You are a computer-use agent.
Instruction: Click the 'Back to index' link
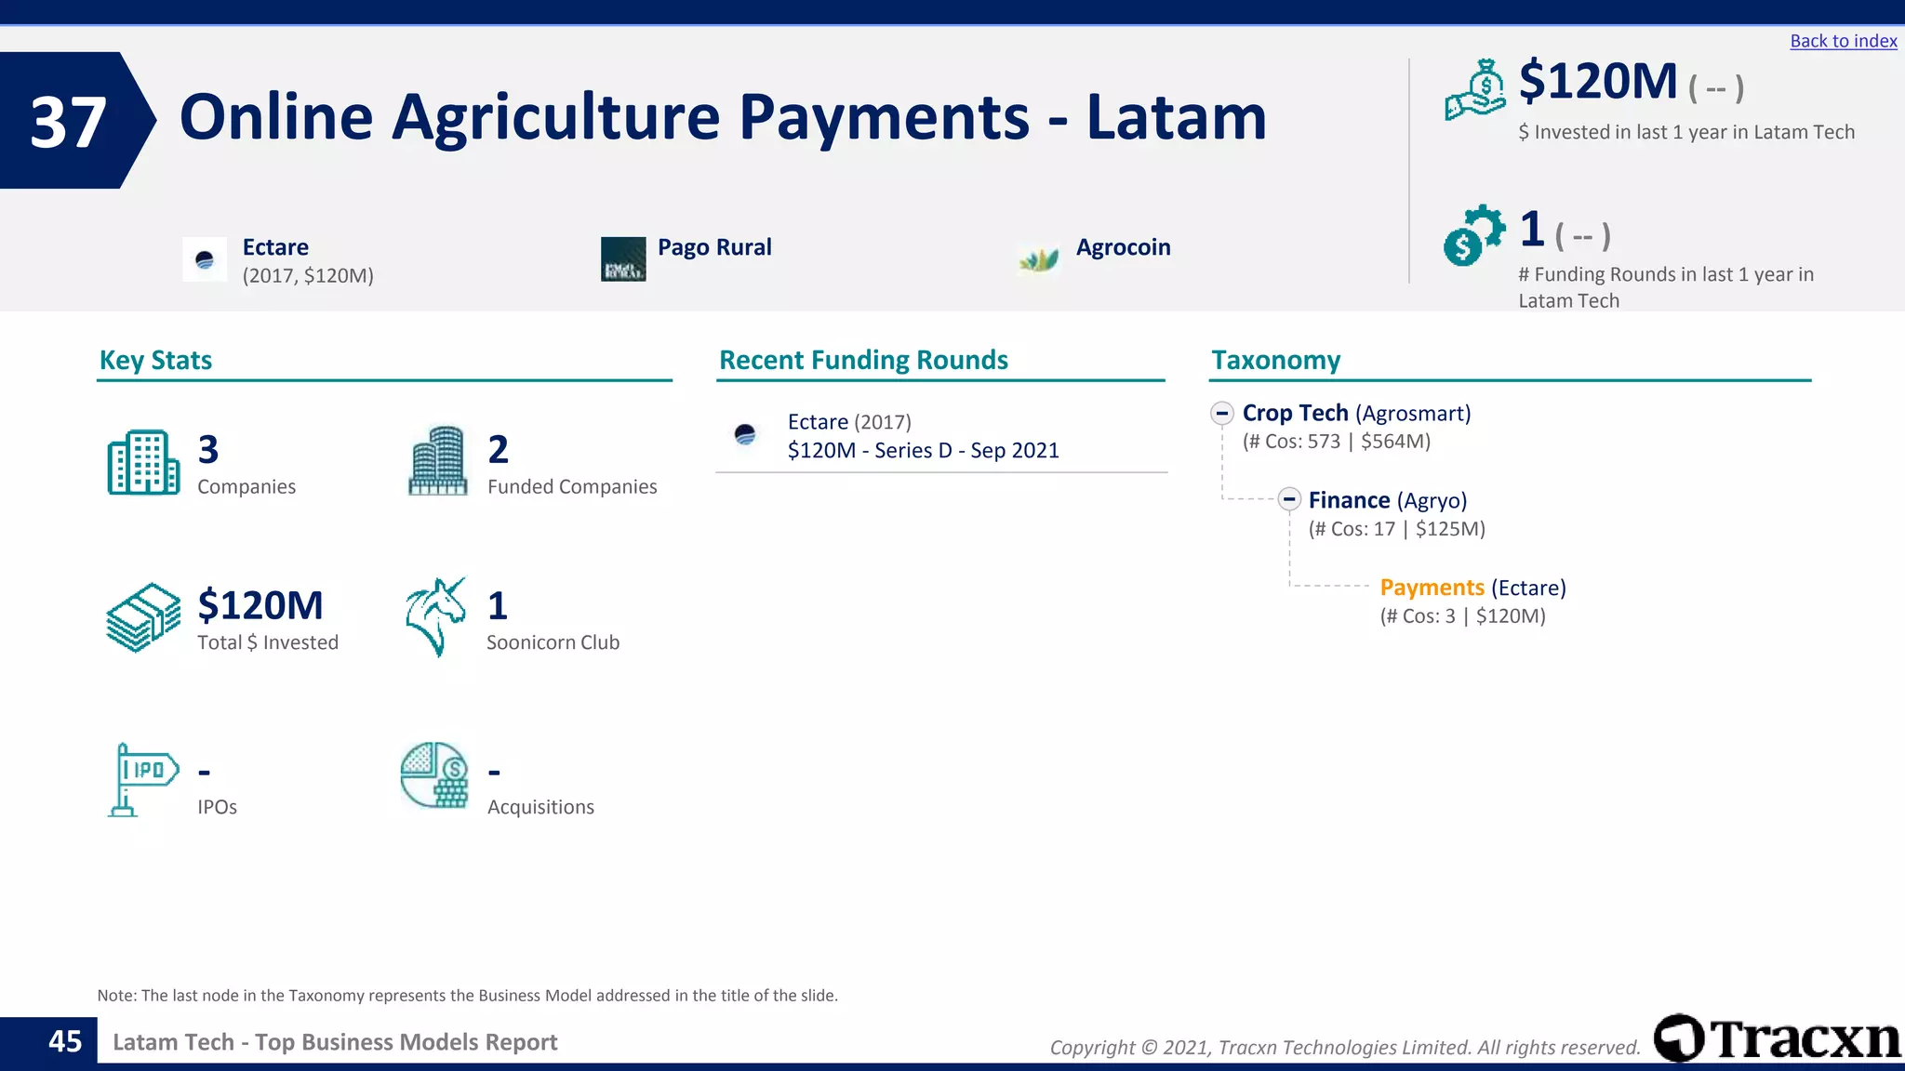tap(1843, 41)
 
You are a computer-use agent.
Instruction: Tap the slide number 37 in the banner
tap(68, 122)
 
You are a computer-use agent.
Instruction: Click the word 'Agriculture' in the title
tap(555, 117)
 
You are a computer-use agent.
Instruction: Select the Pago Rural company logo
tap(623, 258)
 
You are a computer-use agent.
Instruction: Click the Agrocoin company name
tap(1123, 247)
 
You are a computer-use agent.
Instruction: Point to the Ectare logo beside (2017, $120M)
tap(205, 259)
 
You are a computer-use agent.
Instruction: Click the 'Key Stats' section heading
tap(155, 360)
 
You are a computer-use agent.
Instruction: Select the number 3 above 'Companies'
tap(208, 450)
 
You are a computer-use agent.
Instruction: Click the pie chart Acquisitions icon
tap(434, 775)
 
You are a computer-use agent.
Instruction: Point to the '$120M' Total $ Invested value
tap(260, 605)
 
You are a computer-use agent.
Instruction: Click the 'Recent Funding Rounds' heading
tap(863, 360)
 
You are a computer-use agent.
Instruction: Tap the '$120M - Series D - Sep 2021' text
tap(923, 451)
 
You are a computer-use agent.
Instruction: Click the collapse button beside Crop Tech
tap(1222, 413)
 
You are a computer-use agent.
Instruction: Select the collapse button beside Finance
tap(1288, 500)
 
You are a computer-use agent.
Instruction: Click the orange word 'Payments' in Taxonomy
tap(1432, 588)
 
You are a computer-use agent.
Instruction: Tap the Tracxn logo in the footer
tap(1777, 1038)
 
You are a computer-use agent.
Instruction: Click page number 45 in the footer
tap(65, 1041)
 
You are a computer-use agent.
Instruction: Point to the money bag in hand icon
tap(1475, 89)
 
